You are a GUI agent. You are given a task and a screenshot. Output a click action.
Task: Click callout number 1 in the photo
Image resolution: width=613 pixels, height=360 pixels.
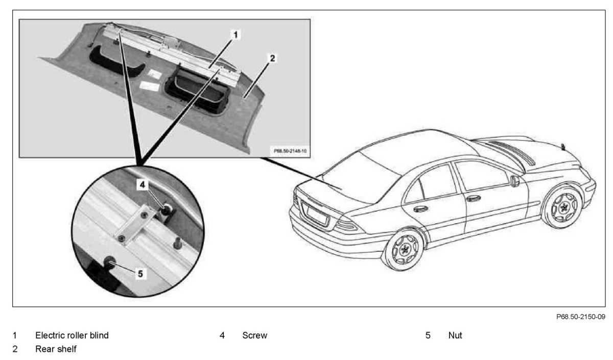[x=235, y=35]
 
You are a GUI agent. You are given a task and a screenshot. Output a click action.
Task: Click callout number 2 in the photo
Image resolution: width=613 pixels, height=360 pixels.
[x=272, y=58]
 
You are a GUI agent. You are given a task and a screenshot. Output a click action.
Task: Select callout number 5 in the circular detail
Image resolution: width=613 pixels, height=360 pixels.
[x=140, y=273]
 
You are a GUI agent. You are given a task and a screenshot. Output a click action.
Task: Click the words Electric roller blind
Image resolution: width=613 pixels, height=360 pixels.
[x=72, y=335]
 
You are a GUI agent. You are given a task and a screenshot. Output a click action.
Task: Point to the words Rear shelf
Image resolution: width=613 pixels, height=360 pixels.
[x=56, y=349]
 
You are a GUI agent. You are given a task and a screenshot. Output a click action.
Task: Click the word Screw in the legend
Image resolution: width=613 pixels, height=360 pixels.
[x=254, y=335]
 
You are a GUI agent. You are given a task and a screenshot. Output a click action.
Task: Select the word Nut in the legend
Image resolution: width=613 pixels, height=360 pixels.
[x=455, y=335]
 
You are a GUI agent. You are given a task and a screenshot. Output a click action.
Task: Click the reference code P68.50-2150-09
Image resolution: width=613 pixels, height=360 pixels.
[x=581, y=317]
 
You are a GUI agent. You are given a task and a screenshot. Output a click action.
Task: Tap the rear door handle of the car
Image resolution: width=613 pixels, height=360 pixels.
[x=421, y=208]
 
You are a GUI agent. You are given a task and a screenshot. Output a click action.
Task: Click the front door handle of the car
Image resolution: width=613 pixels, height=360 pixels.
[x=474, y=198]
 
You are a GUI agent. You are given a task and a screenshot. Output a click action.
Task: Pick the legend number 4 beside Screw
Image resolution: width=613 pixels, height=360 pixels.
[x=222, y=335]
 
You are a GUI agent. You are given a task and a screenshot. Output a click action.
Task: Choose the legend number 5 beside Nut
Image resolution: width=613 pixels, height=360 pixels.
[x=428, y=335]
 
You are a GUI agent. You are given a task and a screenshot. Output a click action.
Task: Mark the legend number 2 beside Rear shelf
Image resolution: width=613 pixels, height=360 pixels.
[x=15, y=349]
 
